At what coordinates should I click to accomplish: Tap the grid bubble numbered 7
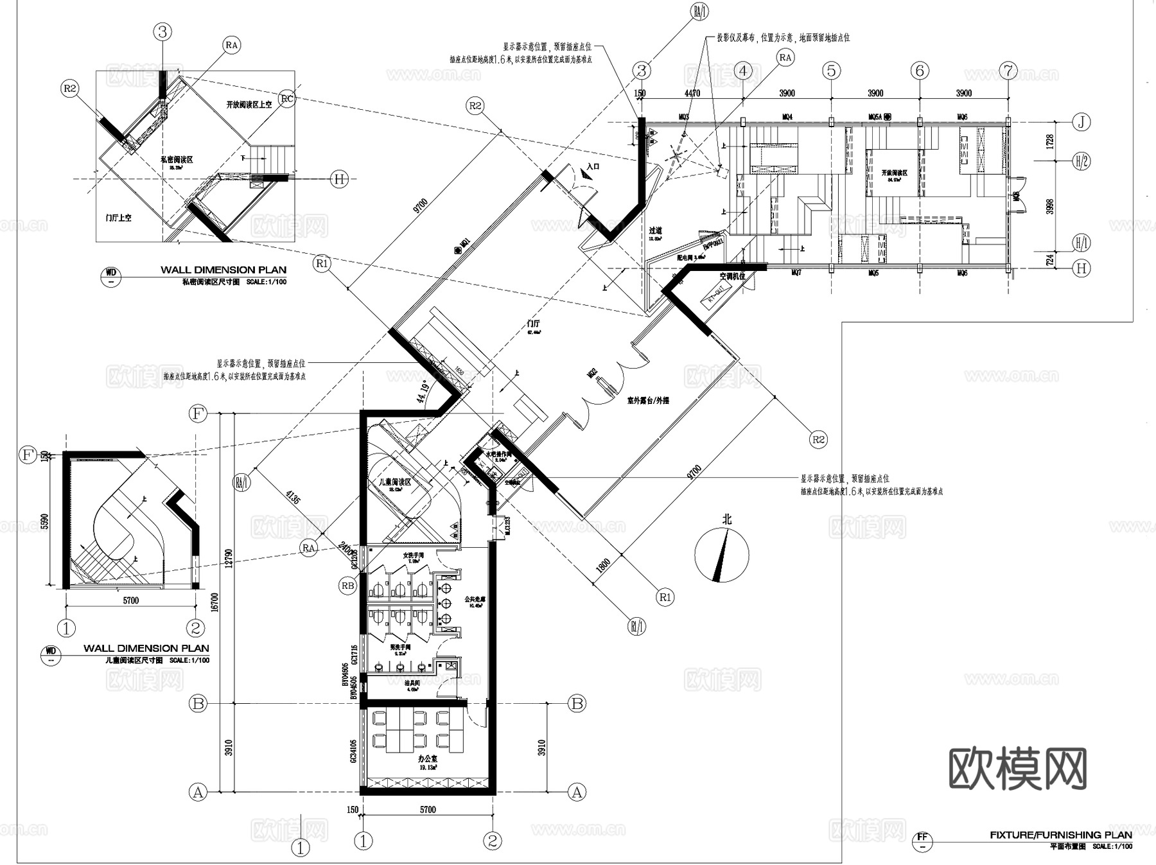click(1008, 71)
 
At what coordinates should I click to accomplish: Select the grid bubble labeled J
click(1082, 122)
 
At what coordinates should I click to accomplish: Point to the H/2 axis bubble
click(1082, 161)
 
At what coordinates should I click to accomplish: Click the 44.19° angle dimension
click(423, 392)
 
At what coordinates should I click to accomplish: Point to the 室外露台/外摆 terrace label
click(648, 401)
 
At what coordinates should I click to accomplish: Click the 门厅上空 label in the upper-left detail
click(118, 218)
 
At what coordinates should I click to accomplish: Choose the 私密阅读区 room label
click(177, 159)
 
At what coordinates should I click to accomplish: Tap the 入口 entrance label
click(592, 167)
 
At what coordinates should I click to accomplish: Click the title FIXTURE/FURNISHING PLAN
click(1060, 835)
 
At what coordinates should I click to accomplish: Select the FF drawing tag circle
click(922, 837)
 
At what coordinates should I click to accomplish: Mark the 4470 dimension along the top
click(692, 94)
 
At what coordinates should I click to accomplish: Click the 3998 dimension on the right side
click(1049, 207)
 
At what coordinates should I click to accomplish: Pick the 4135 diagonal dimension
click(293, 499)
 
